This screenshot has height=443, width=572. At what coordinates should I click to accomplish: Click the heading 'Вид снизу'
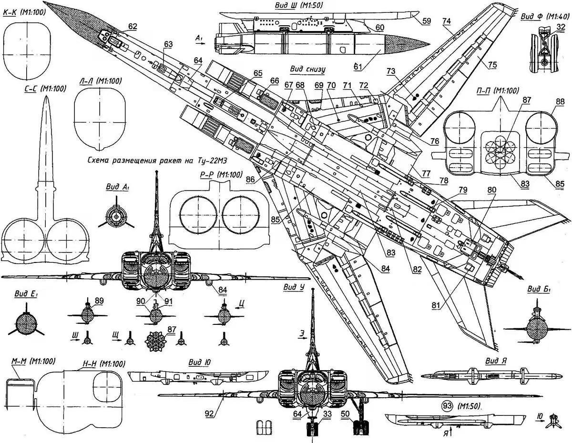coord(308,70)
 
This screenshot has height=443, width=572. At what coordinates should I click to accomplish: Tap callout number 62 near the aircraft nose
coord(133,26)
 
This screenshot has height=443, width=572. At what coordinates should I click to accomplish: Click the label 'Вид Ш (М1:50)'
coord(298,5)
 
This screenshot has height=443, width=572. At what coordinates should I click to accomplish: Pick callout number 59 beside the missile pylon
coord(426,21)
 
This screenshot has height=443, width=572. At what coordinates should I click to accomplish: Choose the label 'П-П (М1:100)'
coord(498,91)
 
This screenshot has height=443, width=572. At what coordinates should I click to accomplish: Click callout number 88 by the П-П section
coord(560,102)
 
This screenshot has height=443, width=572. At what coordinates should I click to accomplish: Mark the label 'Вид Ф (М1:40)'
coord(545,16)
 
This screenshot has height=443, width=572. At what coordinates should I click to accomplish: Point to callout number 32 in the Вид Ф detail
coord(561,27)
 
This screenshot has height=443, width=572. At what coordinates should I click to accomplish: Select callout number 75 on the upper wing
coord(492,65)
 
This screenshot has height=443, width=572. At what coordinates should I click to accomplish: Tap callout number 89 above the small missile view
coord(99,301)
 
